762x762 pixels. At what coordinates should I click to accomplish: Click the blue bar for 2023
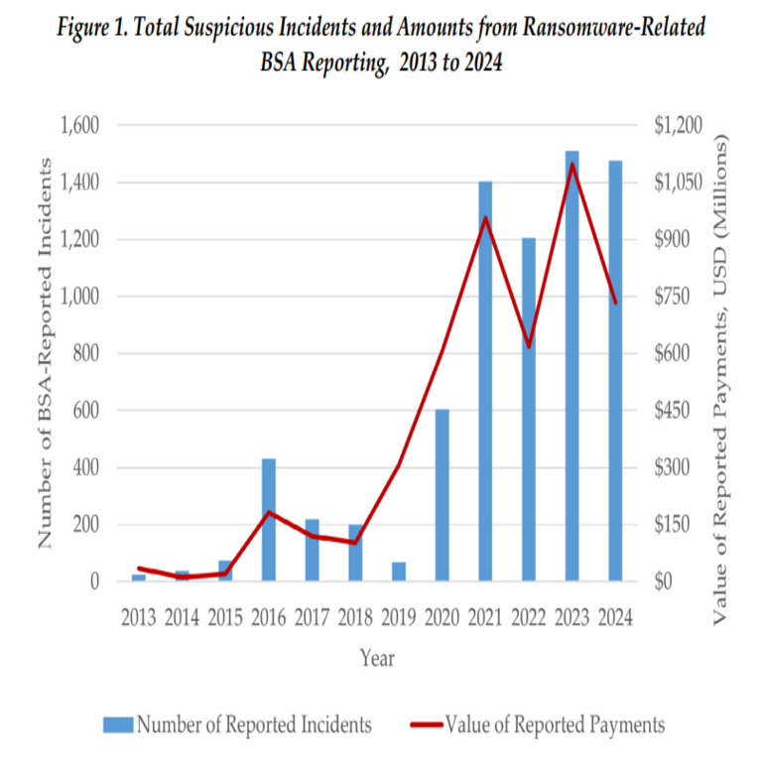(571, 366)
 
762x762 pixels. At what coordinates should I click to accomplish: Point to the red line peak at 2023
(571, 164)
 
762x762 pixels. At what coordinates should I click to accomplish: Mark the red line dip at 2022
(529, 346)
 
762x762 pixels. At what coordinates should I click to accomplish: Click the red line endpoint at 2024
(615, 303)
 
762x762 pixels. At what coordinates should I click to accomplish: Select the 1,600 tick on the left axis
(80, 126)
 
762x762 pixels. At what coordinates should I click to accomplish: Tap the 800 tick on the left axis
(88, 354)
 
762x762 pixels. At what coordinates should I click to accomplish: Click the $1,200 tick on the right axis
(678, 126)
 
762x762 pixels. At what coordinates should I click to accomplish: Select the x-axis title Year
(377, 657)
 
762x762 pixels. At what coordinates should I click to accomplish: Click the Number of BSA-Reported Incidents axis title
(45, 354)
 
